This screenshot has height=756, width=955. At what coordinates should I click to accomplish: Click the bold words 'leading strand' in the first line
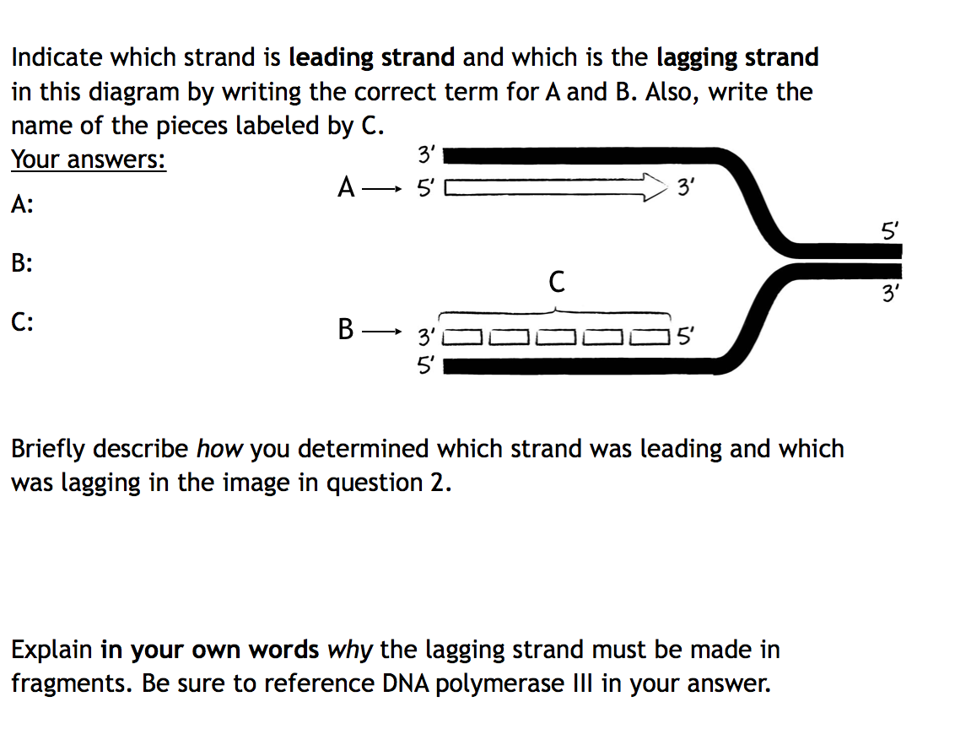[371, 57]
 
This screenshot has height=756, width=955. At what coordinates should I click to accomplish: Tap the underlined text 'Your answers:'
[89, 159]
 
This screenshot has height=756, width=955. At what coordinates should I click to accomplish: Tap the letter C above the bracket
[556, 281]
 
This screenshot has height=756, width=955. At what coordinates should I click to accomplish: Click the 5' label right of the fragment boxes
[684, 340]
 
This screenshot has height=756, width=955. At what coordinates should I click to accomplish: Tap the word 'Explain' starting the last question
[51, 651]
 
